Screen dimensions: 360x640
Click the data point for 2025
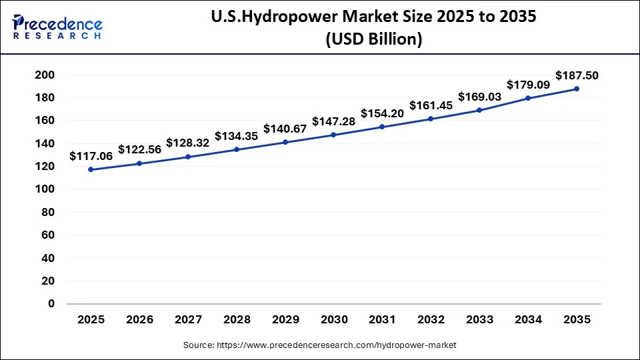[x=91, y=169]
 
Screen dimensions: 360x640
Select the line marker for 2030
[x=333, y=135]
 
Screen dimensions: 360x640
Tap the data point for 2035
[x=577, y=89]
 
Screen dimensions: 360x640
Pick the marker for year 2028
[x=237, y=149]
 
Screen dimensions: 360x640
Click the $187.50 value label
[x=577, y=75]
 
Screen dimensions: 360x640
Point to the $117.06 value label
[x=91, y=156]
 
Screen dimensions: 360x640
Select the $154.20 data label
[x=382, y=113]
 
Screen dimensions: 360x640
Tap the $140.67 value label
[x=285, y=129]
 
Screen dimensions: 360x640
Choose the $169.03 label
[x=479, y=97]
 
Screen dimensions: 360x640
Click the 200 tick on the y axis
[x=44, y=75]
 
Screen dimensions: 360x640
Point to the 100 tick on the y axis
[x=44, y=189]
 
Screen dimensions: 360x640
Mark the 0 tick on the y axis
[x=51, y=303]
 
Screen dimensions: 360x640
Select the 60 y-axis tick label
[x=47, y=235]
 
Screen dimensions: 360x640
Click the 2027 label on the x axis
[x=188, y=320]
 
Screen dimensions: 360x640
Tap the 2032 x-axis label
[x=431, y=320]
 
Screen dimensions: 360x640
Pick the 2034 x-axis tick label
[x=528, y=320]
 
